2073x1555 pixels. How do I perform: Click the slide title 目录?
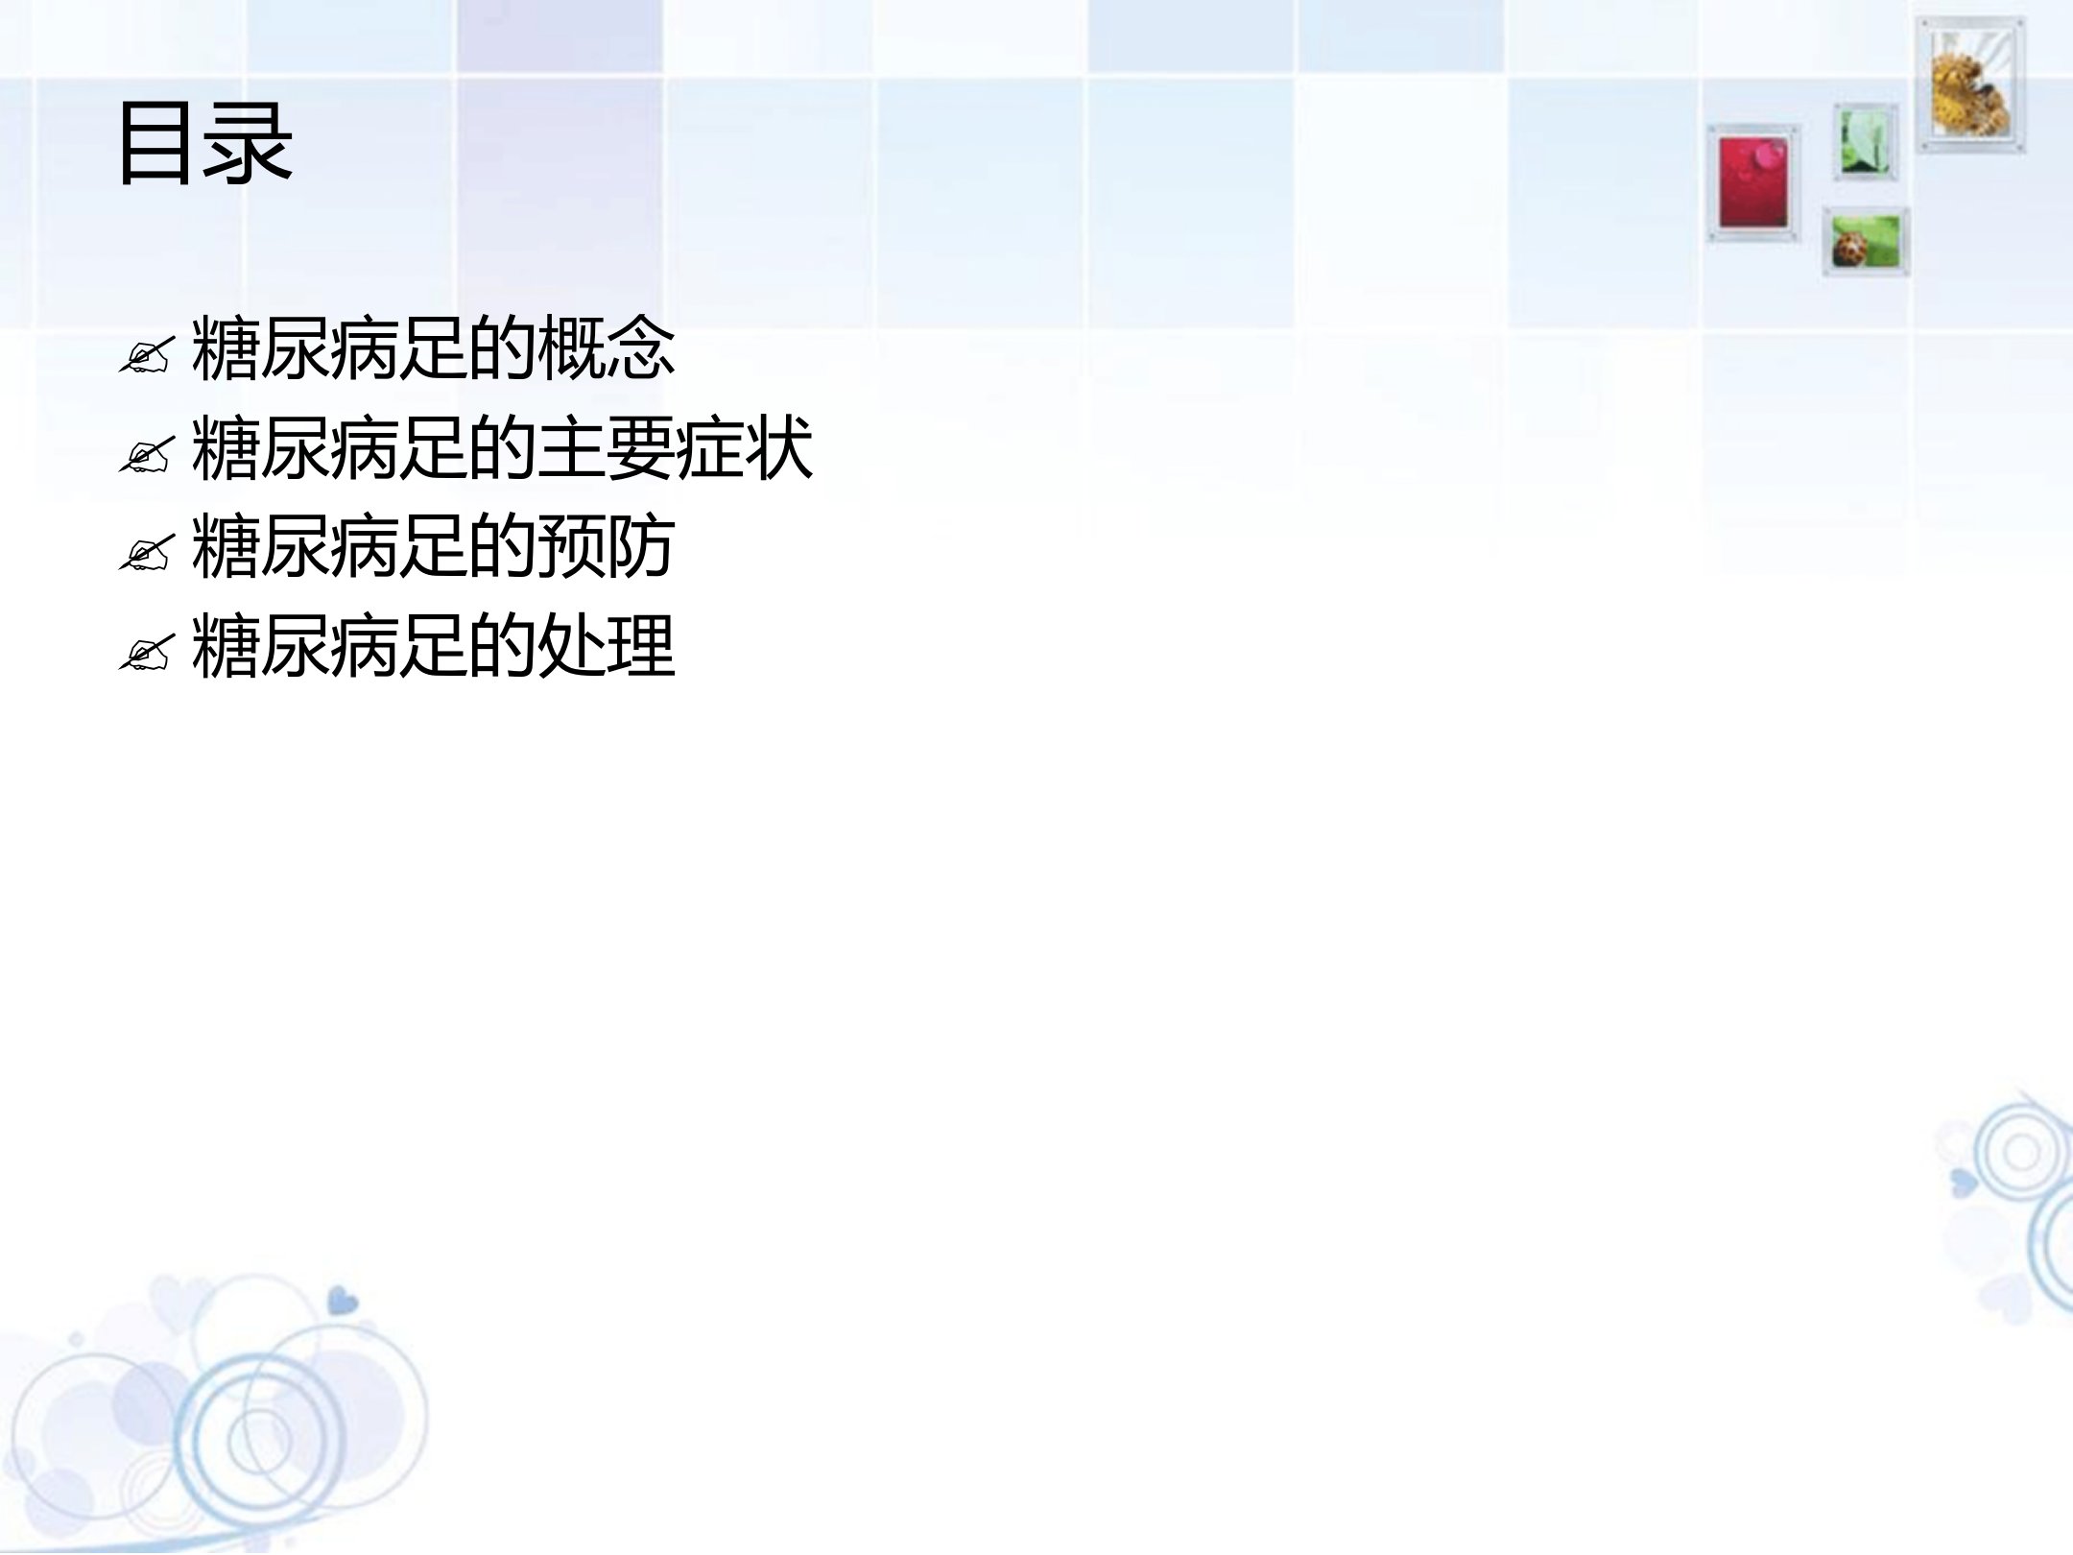tap(204, 144)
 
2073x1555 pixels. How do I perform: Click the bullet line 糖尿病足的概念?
tap(433, 347)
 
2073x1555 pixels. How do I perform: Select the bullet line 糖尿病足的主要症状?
tap(502, 447)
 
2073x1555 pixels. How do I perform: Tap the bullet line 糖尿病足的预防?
tap(433, 546)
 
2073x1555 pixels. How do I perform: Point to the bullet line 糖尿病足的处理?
tap(433, 646)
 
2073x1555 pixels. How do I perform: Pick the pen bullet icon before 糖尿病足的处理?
tap(146, 653)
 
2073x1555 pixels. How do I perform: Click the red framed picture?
tap(1753, 182)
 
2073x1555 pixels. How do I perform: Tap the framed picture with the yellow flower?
tap(1971, 84)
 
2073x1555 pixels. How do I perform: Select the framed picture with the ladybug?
tap(1866, 241)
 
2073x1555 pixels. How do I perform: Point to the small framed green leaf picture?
tap(1866, 142)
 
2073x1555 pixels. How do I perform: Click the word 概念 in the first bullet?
tap(606, 347)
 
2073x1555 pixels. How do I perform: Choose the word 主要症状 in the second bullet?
tap(675, 447)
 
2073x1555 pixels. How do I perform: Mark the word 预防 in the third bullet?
tap(606, 546)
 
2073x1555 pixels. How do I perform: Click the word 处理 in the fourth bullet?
tap(606, 646)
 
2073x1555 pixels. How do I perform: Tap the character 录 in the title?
tap(250, 144)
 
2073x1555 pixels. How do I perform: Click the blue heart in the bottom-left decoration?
tap(343, 1302)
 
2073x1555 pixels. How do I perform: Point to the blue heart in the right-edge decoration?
tap(1964, 1182)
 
